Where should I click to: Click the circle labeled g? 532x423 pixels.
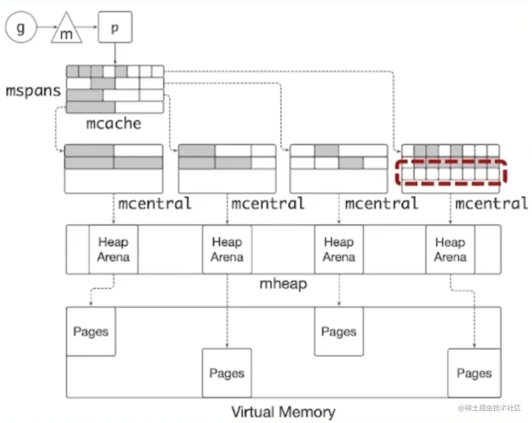pyautogui.click(x=21, y=28)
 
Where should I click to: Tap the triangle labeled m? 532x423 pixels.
pyautogui.click(x=66, y=31)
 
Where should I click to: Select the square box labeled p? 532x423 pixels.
pyautogui.click(x=115, y=27)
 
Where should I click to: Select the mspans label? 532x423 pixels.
pyautogui.click(x=33, y=91)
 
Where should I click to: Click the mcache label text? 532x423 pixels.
pyautogui.click(x=113, y=123)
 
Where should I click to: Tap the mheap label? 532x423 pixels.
pyautogui.click(x=283, y=283)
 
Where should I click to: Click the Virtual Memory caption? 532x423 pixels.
pyautogui.click(x=283, y=412)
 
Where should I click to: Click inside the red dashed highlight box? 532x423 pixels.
pyautogui.click(x=451, y=172)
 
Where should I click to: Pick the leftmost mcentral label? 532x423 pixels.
pyautogui.click(x=155, y=203)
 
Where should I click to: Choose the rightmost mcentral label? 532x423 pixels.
pyautogui.click(x=491, y=203)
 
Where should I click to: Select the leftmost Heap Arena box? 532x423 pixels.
pyautogui.click(x=113, y=249)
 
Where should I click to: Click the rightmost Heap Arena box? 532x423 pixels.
pyautogui.click(x=450, y=249)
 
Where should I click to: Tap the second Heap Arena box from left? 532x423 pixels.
pyautogui.click(x=227, y=249)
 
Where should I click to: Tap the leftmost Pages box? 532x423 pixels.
pyautogui.click(x=91, y=331)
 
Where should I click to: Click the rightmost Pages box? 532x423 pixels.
pyautogui.click(x=474, y=373)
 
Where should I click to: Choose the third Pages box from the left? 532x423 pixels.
pyautogui.click(x=339, y=331)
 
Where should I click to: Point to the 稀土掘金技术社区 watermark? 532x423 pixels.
pyautogui.click(x=490, y=408)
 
